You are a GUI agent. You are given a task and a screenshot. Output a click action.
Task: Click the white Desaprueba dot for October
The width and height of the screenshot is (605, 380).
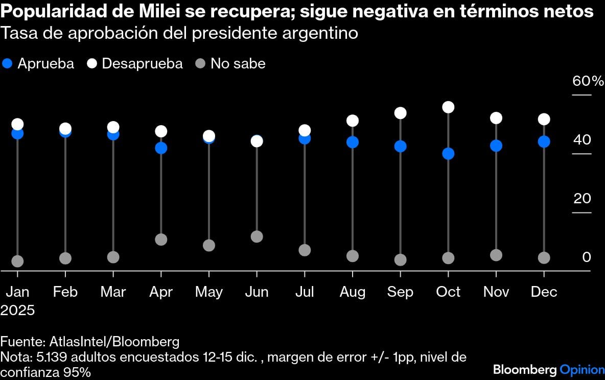tap(449, 107)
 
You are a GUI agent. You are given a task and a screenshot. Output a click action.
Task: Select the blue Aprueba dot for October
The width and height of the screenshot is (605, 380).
tap(449, 154)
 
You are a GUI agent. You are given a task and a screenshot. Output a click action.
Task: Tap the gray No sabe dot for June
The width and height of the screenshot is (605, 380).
tap(257, 236)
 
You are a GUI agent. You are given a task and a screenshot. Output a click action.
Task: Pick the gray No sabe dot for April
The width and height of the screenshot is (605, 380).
tap(161, 240)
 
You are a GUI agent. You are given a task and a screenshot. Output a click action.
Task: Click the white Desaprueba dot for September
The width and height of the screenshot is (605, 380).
tap(401, 113)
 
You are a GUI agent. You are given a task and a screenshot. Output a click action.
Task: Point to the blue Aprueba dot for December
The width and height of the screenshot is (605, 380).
tap(544, 141)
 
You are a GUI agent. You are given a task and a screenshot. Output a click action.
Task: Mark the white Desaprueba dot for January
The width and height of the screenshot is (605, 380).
tap(17, 124)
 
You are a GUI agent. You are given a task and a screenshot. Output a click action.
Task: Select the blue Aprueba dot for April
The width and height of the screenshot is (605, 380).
tap(161, 148)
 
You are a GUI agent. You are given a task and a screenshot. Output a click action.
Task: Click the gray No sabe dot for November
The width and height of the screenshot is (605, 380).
tap(496, 255)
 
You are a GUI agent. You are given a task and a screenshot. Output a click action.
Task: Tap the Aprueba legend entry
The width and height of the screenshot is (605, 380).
tap(39, 64)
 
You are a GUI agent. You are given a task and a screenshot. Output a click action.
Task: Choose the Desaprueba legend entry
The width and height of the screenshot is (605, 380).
tap(135, 64)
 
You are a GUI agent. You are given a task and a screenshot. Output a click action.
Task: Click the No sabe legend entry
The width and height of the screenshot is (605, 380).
tap(231, 64)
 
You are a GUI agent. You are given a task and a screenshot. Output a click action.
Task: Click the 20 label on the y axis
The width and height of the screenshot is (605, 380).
tap(581, 199)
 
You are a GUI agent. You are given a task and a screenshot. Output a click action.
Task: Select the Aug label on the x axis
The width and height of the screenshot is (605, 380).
tap(353, 292)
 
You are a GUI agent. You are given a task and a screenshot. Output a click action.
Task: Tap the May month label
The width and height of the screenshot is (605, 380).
tap(208, 292)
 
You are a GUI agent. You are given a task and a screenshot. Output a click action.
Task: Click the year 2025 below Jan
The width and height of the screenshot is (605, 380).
tap(18, 310)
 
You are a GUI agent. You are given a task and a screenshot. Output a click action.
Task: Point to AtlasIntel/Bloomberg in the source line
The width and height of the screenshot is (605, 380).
tap(114, 342)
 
